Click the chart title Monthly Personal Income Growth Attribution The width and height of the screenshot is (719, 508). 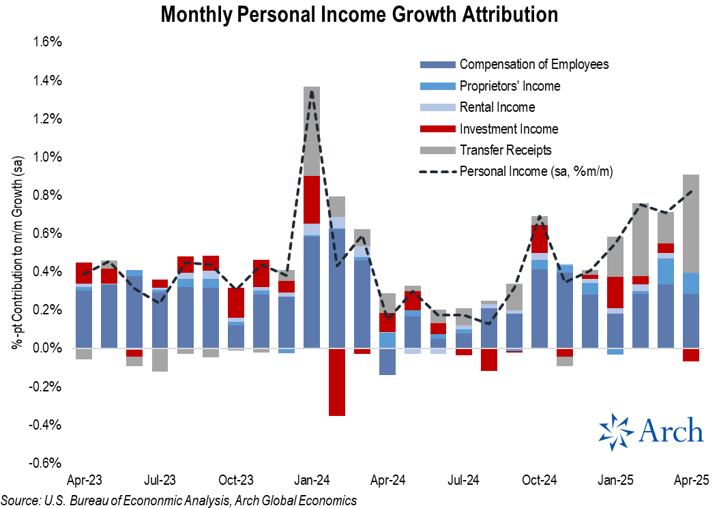(x=359, y=14)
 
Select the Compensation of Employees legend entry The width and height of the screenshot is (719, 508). (x=533, y=65)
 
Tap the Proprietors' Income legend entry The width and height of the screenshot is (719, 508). (x=510, y=86)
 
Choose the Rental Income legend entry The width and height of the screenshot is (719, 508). (x=497, y=107)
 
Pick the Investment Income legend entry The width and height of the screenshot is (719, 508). (x=508, y=129)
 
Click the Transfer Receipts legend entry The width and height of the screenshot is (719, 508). (x=505, y=150)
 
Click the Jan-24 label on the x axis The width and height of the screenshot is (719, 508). (x=312, y=479)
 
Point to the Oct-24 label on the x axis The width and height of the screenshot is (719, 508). (x=539, y=479)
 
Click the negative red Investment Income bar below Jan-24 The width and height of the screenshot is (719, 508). (x=336, y=382)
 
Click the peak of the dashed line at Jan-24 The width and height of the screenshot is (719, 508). (x=312, y=91)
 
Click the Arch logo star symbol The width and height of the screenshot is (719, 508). (x=616, y=432)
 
